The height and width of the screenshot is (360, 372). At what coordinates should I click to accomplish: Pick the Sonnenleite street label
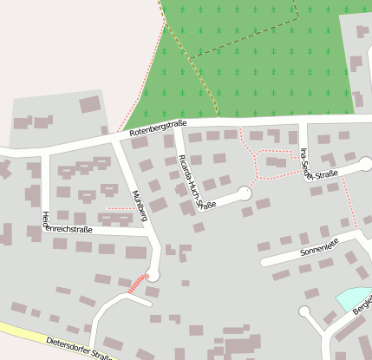click(317, 250)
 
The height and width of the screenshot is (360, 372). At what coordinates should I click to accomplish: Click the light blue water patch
click(351, 298)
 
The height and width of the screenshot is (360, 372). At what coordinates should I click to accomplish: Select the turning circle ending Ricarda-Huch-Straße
click(245, 194)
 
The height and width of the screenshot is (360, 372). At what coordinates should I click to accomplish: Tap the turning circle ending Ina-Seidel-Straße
click(366, 163)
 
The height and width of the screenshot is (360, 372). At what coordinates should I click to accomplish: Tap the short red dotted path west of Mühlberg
click(121, 208)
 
